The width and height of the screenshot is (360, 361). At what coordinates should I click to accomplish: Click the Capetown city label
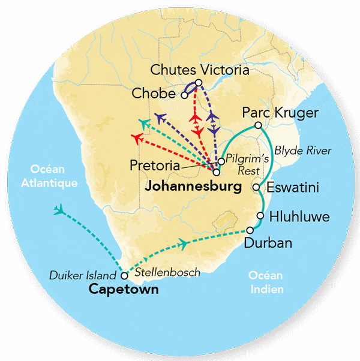(124, 290)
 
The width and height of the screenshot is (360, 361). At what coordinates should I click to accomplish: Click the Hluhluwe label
(299, 216)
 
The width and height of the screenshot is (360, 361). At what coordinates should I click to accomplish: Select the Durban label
(268, 243)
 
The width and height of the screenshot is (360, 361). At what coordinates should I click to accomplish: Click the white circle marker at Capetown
(124, 276)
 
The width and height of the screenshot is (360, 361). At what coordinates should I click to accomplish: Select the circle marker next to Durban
(250, 231)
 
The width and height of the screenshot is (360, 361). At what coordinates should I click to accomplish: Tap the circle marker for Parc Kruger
(257, 125)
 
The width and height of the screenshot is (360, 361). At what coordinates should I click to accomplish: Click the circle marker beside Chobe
(184, 94)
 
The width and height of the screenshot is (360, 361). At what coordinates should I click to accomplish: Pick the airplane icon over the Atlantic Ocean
(59, 210)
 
